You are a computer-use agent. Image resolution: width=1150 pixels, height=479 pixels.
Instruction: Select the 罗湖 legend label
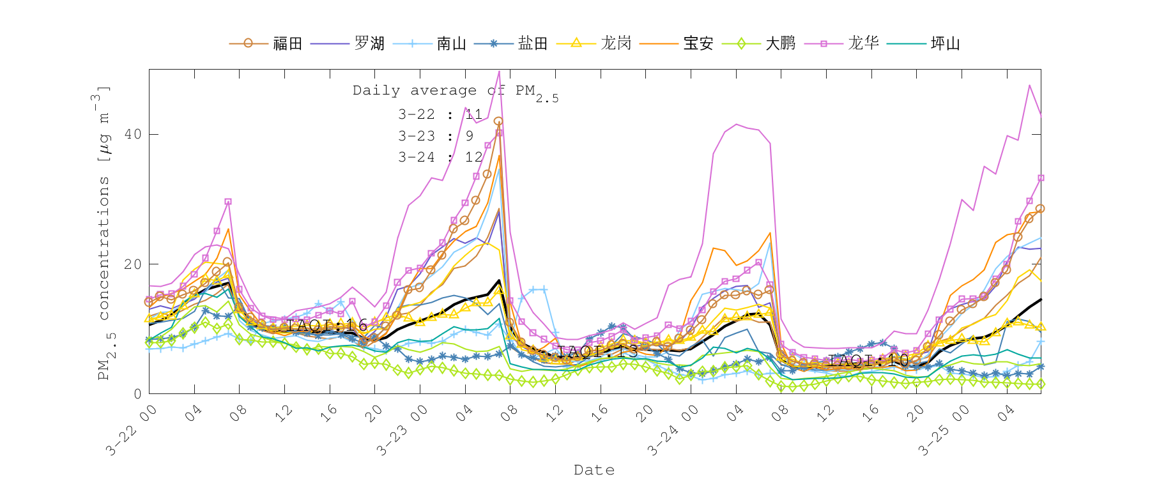click(370, 43)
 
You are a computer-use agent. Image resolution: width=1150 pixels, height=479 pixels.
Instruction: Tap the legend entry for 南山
click(452, 43)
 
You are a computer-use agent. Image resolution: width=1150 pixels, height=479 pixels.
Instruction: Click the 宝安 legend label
click(698, 43)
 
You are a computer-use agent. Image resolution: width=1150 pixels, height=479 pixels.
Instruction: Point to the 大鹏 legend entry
click(781, 43)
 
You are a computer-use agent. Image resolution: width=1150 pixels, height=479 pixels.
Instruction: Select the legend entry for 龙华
click(864, 43)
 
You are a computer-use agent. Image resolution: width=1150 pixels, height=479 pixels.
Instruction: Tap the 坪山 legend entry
click(946, 43)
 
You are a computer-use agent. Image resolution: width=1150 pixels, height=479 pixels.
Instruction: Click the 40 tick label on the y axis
click(133, 134)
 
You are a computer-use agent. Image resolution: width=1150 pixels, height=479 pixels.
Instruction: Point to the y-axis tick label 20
click(133, 264)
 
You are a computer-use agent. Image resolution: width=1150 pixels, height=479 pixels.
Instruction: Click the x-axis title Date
click(594, 470)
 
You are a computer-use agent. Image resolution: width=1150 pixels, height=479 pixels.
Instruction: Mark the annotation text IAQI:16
click(327, 325)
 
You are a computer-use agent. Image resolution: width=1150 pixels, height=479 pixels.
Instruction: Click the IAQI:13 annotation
click(597, 351)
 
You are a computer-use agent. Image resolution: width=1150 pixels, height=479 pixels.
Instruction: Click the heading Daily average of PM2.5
click(455, 91)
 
